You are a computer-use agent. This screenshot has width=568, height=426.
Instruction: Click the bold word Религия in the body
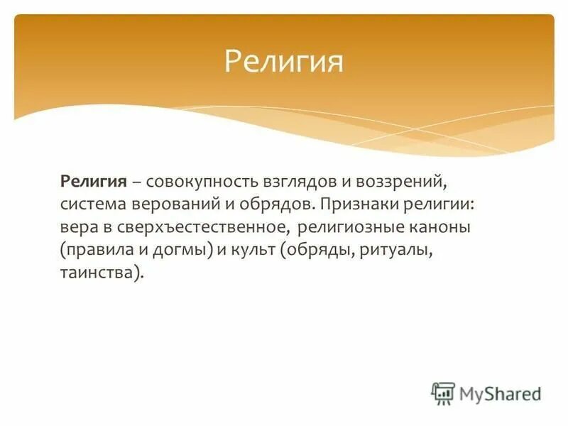(x=93, y=182)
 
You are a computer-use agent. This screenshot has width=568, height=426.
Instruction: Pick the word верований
(x=174, y=205)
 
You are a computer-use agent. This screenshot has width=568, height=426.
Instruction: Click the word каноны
(x=442, y=228)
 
